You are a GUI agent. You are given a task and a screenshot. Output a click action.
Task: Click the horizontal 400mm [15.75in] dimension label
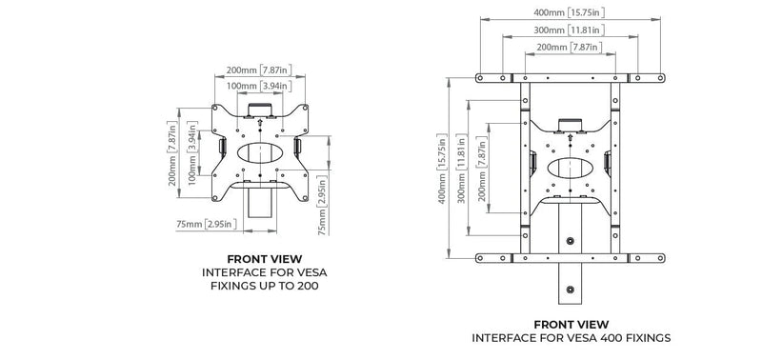(569, 13)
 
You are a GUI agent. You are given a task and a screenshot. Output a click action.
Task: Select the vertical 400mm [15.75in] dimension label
(442, 169)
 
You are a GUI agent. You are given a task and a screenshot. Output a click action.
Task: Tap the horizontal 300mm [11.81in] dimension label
(569, 30)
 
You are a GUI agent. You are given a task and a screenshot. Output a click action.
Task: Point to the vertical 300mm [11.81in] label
(462, 169)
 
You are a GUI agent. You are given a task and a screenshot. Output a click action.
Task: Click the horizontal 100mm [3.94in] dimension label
(259, 87)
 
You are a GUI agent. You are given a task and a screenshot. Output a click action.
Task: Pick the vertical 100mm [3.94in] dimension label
(192, 153)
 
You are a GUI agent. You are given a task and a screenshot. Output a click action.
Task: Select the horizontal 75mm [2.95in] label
(207, 224)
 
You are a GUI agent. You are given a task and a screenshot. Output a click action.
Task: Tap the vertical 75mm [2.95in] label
(323, 205)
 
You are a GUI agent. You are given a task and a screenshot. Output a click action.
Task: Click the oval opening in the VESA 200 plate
(260, 152)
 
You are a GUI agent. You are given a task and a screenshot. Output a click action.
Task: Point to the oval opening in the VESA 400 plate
(570, 169)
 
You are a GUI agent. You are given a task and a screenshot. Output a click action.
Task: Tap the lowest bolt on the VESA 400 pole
(570, 290)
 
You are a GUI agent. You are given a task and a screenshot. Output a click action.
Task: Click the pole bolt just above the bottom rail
(570, 241)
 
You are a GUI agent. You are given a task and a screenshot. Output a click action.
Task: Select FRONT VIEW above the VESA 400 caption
(571, 325)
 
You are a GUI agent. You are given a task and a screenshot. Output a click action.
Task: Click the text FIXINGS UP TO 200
(265, 286)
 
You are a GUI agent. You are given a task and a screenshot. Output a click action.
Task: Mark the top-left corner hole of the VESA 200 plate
(215, 108)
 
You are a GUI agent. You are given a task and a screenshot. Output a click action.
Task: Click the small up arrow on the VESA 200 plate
(260, 123)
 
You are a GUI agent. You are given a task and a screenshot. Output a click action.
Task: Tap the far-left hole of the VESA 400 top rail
(480, 78)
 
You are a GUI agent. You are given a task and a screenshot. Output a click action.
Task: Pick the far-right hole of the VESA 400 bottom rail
(660, 258)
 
